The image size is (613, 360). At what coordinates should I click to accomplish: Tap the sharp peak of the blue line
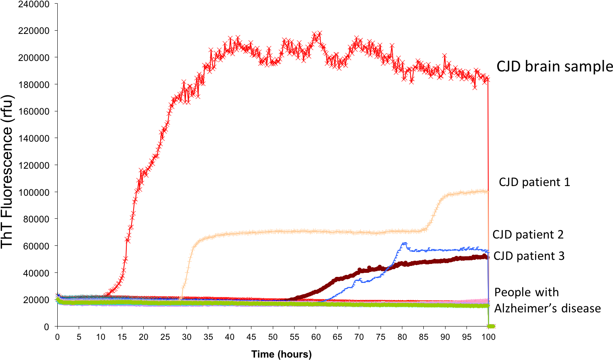tap(404, 243)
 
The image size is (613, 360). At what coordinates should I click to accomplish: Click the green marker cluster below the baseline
tap(491, 326)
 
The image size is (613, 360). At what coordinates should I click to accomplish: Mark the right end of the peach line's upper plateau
tap(487, 191)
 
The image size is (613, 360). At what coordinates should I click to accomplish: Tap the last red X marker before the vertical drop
tap(487, 79)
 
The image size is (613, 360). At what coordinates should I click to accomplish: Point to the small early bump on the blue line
tap(358, 279)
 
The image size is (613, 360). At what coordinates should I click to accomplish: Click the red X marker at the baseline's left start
tap(58, 296)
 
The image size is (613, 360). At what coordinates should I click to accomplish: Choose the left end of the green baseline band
tap(59, 301)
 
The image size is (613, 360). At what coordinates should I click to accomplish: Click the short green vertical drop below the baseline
tap(488, 317)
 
